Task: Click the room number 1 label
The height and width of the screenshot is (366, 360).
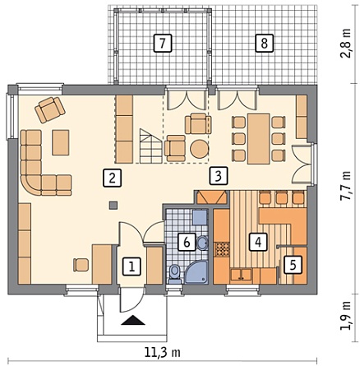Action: click(x=132, y=266)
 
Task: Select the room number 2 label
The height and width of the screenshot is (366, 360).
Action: click(x=112, y=178)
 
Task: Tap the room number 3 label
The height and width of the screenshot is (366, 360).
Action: click(x=218, y=175)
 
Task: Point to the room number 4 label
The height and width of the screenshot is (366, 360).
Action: click(x=258, y=242)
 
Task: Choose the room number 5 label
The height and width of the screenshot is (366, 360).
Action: click(x=293, y=265)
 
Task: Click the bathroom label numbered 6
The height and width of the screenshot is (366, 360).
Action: click(x=187, y=242)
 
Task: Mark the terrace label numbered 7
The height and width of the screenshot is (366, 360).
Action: click(x=163, y=43)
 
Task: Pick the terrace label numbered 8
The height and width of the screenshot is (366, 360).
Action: click(x=265, y=43)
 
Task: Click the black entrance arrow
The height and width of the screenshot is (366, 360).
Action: click(x=132, y=320)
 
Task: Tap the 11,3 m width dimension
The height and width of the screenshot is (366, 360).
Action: click(x=162, y=352)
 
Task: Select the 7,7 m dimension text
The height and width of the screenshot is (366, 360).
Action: click(x=346, y=186)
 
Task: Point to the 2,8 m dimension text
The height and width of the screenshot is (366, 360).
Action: click(x=346, y=43)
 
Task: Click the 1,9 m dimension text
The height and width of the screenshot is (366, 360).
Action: click(x=346, y=315)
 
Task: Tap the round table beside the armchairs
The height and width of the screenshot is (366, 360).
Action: click(x=200, y=149)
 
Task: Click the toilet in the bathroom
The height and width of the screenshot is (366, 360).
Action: click(x=174, y=274)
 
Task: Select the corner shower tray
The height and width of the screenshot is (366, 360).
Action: click(x=196, y=272)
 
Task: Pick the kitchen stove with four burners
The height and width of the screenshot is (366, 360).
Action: click(x=222, y=249)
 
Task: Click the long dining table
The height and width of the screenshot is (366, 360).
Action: click(x=258, y=139)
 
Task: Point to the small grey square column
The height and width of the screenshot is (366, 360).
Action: click(x=113, y=206)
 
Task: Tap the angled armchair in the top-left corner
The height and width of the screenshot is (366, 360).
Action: click(x=50, y=109)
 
